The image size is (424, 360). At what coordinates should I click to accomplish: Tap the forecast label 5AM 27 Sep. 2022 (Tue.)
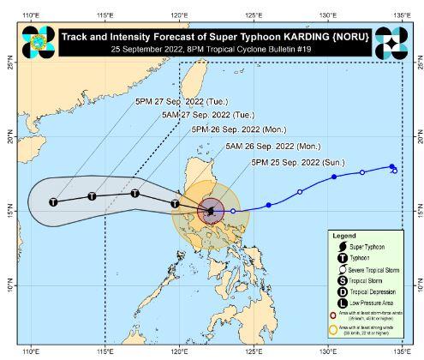pyautogui.click(x=180, y=115)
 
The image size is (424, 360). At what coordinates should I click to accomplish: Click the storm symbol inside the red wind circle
pyautogui.click(x=212, y=211)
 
